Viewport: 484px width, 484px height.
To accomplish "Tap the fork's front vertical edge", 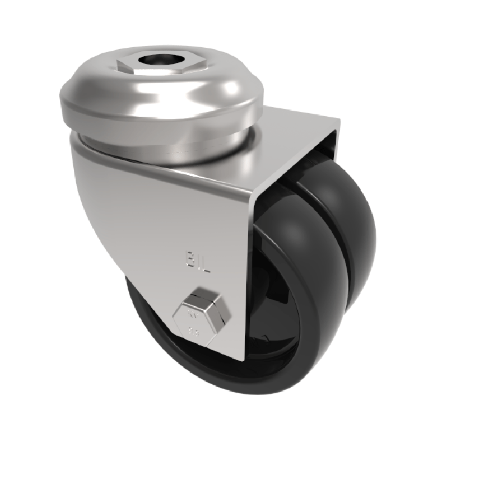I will click(x=247, y=272).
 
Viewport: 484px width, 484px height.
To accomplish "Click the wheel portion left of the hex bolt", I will click(x=145, y=321).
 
